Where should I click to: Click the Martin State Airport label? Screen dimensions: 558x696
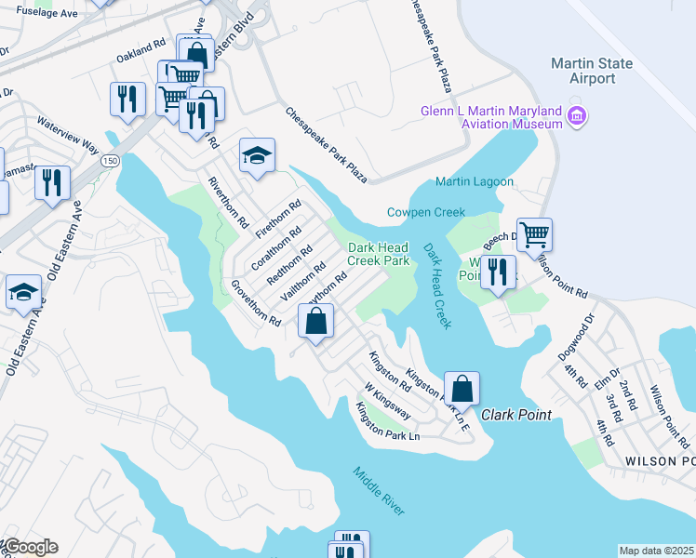coord(592,71)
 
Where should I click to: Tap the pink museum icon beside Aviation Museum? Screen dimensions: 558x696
coord(577,116)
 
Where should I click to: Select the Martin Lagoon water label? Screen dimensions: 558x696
coord(474,181)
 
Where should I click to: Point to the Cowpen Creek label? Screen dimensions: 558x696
coord(425,212)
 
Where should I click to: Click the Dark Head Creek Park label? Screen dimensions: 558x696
coord(379,254)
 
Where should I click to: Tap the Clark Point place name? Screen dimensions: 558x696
coord(516,415)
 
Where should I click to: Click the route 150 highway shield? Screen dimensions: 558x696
coord(111,161)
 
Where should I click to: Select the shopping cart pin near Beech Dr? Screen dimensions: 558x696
coord(534,234)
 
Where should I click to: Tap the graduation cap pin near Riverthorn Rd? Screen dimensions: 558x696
coord(257,155)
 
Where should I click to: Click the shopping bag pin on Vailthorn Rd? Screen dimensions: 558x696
coord(316,322)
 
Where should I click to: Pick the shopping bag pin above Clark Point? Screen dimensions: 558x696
coord(462,388)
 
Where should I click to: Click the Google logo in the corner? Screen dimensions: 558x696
coord(30,547)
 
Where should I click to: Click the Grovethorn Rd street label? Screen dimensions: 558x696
coord(256,303)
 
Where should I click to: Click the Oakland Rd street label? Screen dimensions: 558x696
coord(141,51)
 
